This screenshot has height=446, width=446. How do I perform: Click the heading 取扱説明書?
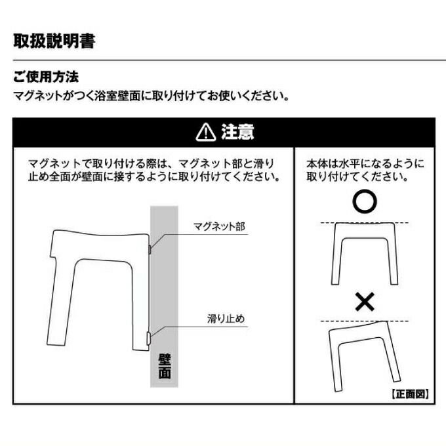pos(54,41)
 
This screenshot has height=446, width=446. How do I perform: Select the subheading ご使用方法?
pos(46,77)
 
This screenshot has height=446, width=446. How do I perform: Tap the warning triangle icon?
pos(206,132)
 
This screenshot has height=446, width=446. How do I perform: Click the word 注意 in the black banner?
pos(238,132)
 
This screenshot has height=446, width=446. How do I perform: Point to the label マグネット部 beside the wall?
pos(219,227)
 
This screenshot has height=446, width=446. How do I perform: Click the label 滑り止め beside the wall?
pos(226,319)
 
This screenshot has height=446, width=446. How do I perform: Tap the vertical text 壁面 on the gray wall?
pos(165,367)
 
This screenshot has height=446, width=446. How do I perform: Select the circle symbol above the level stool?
pos(365,201)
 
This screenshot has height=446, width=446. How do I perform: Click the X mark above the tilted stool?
pos(365,302)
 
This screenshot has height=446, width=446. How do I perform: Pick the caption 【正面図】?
pos(410,394)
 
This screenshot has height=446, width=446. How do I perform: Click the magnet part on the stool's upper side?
pos(150,249)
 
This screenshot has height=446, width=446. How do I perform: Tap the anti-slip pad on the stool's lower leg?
pos(148,338)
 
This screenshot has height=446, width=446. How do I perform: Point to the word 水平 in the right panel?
pos(350,164)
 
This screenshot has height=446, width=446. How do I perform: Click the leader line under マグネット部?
pos(199,235)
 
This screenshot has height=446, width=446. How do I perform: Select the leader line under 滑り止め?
pos(199,327)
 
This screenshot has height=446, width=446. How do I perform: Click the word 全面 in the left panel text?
pos(60,177)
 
